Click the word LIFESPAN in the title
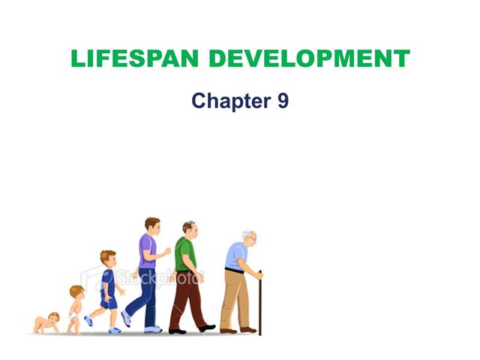(135, 58)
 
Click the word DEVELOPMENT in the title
(310, 58)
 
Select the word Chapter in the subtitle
(232, 100)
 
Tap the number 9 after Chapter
(283, 100)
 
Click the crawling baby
(46, 323)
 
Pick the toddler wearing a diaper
(76, 310)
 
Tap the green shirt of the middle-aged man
(185, 255)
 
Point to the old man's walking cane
(260, 303)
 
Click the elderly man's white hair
(247, 234)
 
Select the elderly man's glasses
(253, 238)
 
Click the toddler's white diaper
(73, 316)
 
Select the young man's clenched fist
(167, 251)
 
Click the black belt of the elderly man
(234, 271)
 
